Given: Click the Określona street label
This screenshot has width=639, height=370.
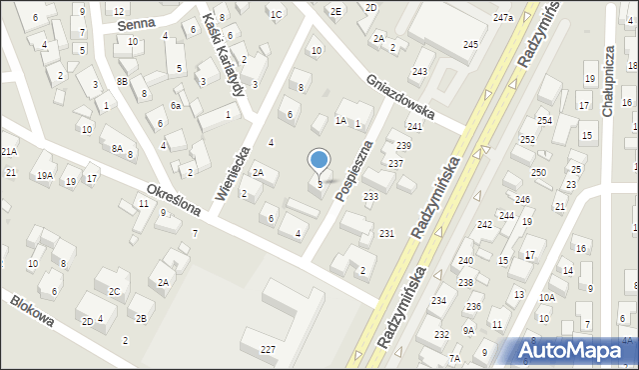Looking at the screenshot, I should tap(174, 200).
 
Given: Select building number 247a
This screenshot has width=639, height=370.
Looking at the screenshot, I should tap(502, 17).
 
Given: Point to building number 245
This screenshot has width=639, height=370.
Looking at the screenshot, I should tap(470, 45).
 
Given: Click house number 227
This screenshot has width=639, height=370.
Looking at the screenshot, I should tap(268, 348).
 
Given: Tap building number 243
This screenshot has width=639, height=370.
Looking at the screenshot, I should tap(419, 71).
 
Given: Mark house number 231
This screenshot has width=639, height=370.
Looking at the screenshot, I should tap(386, 233).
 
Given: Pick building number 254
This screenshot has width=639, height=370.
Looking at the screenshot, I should tap(544, 120).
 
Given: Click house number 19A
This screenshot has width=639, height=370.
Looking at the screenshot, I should tap(45, 175).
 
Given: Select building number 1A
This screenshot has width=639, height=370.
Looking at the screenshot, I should tap(340, 120).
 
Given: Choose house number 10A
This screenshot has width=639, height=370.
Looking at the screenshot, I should tap(546, 297).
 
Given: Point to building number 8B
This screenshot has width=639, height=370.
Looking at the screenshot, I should tap(122, 81).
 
